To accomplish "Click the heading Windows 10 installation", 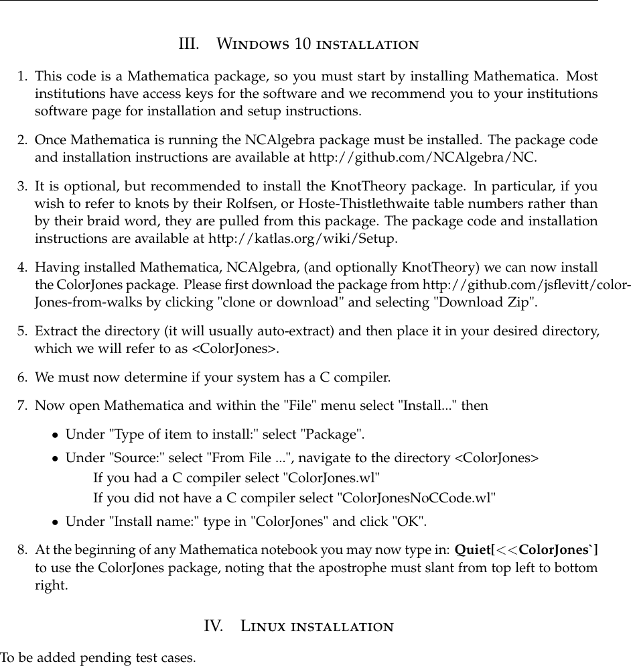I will click(x=318, y=45).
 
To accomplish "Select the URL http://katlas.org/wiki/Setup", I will click(x=303, y=238).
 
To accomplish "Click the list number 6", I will click(x=22, y=377).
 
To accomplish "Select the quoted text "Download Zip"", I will click(x=485, y=302).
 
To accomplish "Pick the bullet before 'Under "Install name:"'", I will click(x=56, y=521).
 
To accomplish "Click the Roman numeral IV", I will click(x=213, y=626).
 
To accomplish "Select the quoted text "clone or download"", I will click(x=280, y=302).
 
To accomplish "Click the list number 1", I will click(x=22, y=76).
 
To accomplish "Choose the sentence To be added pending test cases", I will click(x=98, y=657).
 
